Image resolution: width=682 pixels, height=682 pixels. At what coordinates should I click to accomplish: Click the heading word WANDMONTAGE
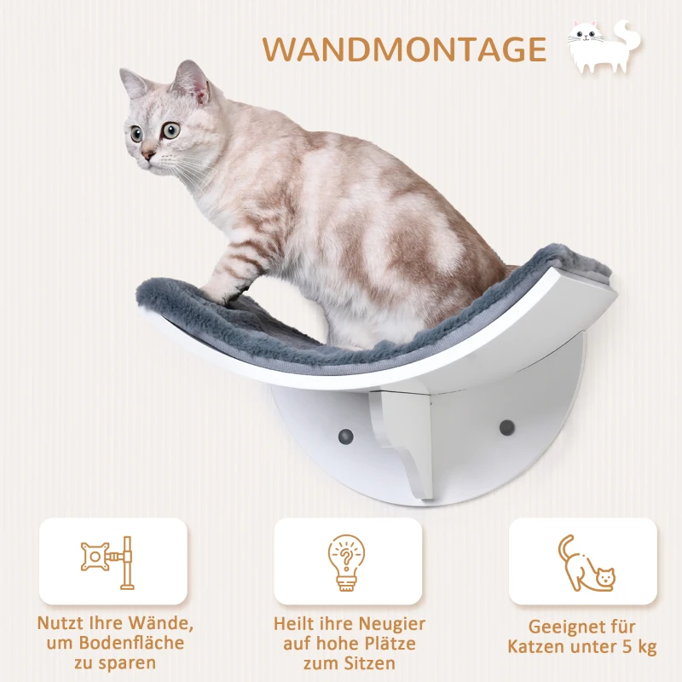click(403, 49)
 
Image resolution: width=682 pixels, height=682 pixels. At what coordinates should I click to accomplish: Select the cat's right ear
click(193, 78)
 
